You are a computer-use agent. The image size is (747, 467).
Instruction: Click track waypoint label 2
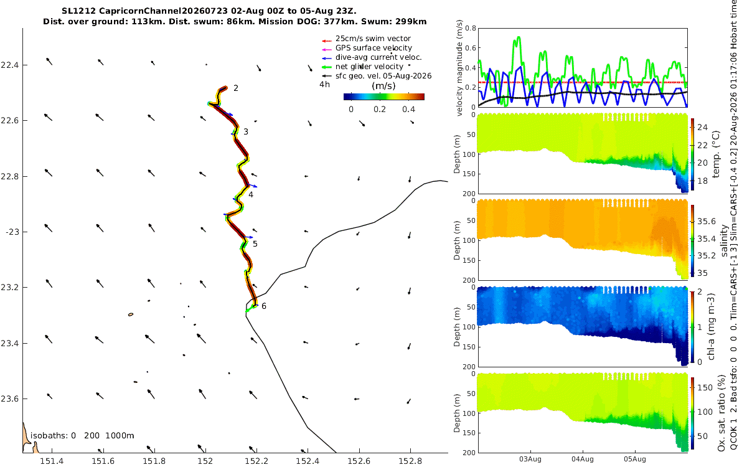tap(236, 88)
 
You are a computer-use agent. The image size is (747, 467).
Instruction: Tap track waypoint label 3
tap(246, 132)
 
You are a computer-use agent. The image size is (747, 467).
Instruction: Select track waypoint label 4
tap(251, 195)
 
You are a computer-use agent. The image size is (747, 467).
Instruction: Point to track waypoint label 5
tap(255, 244)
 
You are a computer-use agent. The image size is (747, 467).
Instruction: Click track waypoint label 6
tap(264, 306)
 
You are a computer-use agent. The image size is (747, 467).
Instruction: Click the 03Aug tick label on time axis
tap(530, 459)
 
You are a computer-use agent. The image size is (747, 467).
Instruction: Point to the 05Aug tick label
tap(634, 459)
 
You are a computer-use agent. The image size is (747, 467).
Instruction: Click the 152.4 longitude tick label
tap(308, 461)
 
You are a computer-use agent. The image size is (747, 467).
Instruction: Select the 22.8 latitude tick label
tap(9, 176)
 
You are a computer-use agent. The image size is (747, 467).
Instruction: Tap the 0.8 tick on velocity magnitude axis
tap(470, 28)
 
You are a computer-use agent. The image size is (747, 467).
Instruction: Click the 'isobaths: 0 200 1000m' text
tap(82, 436)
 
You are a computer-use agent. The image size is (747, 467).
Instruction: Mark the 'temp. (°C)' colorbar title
tap(716, 154)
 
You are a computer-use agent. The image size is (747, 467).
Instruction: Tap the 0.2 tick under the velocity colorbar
tap(380, 110)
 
